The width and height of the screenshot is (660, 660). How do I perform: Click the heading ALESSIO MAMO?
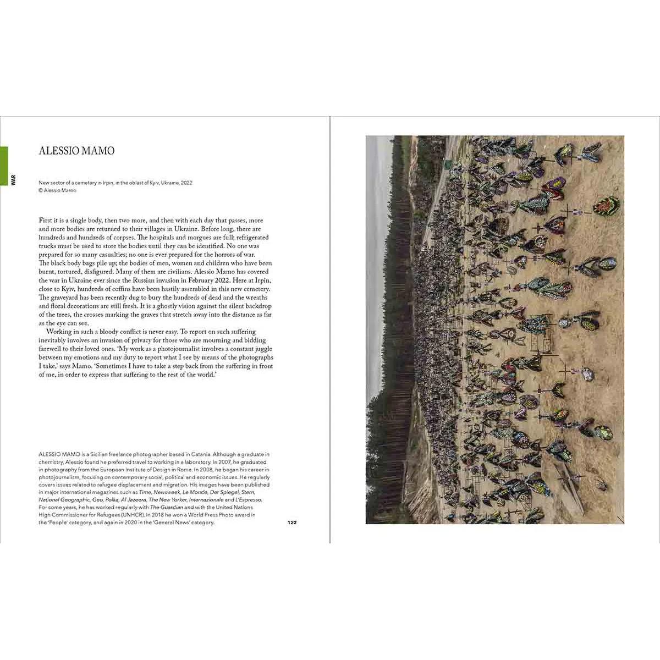[x=76, y=151]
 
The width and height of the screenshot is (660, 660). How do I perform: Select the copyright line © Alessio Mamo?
[x=57, y=190]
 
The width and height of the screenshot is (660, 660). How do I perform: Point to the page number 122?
[x=292, y=522]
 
